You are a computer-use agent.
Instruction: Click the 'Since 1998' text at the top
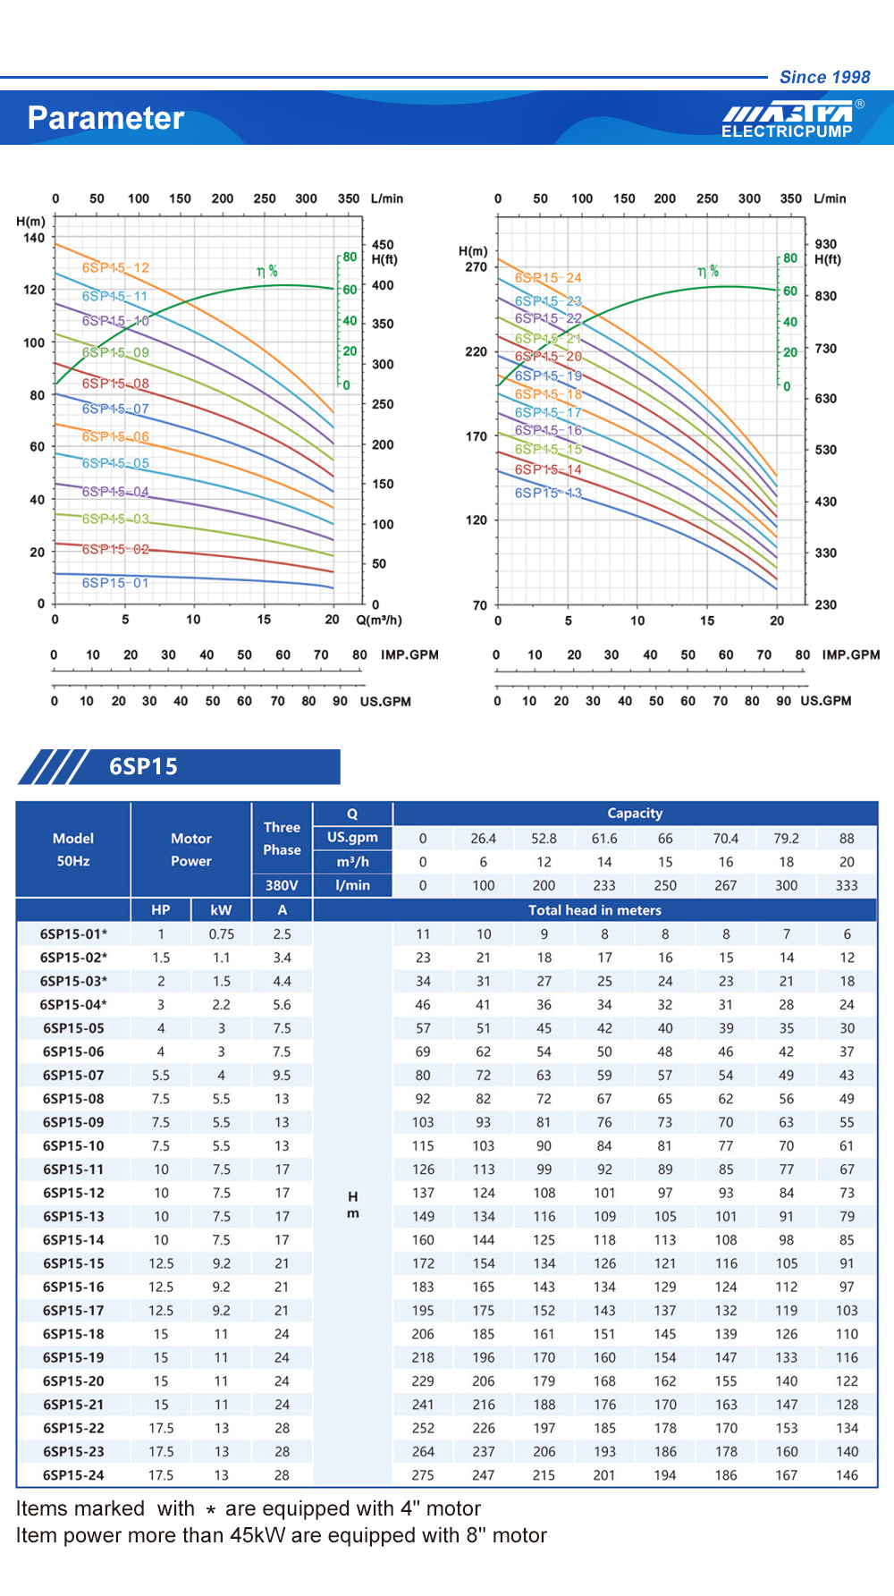tap(824, 77)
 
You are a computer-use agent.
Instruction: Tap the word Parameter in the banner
tap(105, 118)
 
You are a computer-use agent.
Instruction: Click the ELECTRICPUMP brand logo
tap(788, 121)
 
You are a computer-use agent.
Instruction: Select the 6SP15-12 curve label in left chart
tap(115, 267)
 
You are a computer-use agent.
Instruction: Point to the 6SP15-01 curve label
tap(115, 583)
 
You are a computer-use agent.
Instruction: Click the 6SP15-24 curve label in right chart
tap(548, 278)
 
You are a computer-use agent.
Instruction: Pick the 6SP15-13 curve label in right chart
tap(548, 493)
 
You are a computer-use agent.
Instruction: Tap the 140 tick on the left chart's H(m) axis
tap(34, 238)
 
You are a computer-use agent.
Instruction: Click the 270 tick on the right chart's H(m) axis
tap(477, 266)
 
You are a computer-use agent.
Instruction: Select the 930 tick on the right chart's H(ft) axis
tap(826, 244)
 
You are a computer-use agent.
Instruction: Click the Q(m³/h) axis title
tap(379, 620)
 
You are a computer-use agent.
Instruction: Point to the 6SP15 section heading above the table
tap(143, 767)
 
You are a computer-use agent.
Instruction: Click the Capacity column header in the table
tap(635, 813)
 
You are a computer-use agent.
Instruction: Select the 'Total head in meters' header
tap(595, 910)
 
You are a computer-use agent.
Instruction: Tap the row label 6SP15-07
tap(73, 1076)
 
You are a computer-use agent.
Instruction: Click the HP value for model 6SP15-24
tap(161, 1475)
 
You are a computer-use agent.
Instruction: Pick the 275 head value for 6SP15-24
tap(423, 1475)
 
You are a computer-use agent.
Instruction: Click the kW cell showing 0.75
tap(221, 934)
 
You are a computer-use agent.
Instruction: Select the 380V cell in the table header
tap(282, 885)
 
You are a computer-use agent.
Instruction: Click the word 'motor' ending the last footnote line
tap(519, 1535)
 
